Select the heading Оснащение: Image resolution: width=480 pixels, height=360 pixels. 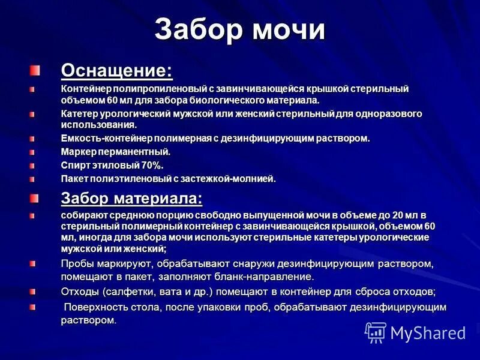116,71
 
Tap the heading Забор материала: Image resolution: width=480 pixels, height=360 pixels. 131,198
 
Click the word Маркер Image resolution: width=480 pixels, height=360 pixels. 78,152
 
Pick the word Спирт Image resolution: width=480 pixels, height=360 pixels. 75,165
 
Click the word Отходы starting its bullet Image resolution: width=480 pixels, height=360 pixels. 80,292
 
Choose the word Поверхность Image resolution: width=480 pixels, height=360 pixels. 96,307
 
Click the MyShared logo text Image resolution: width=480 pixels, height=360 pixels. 428,332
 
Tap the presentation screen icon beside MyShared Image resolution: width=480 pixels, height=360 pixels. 376,332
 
